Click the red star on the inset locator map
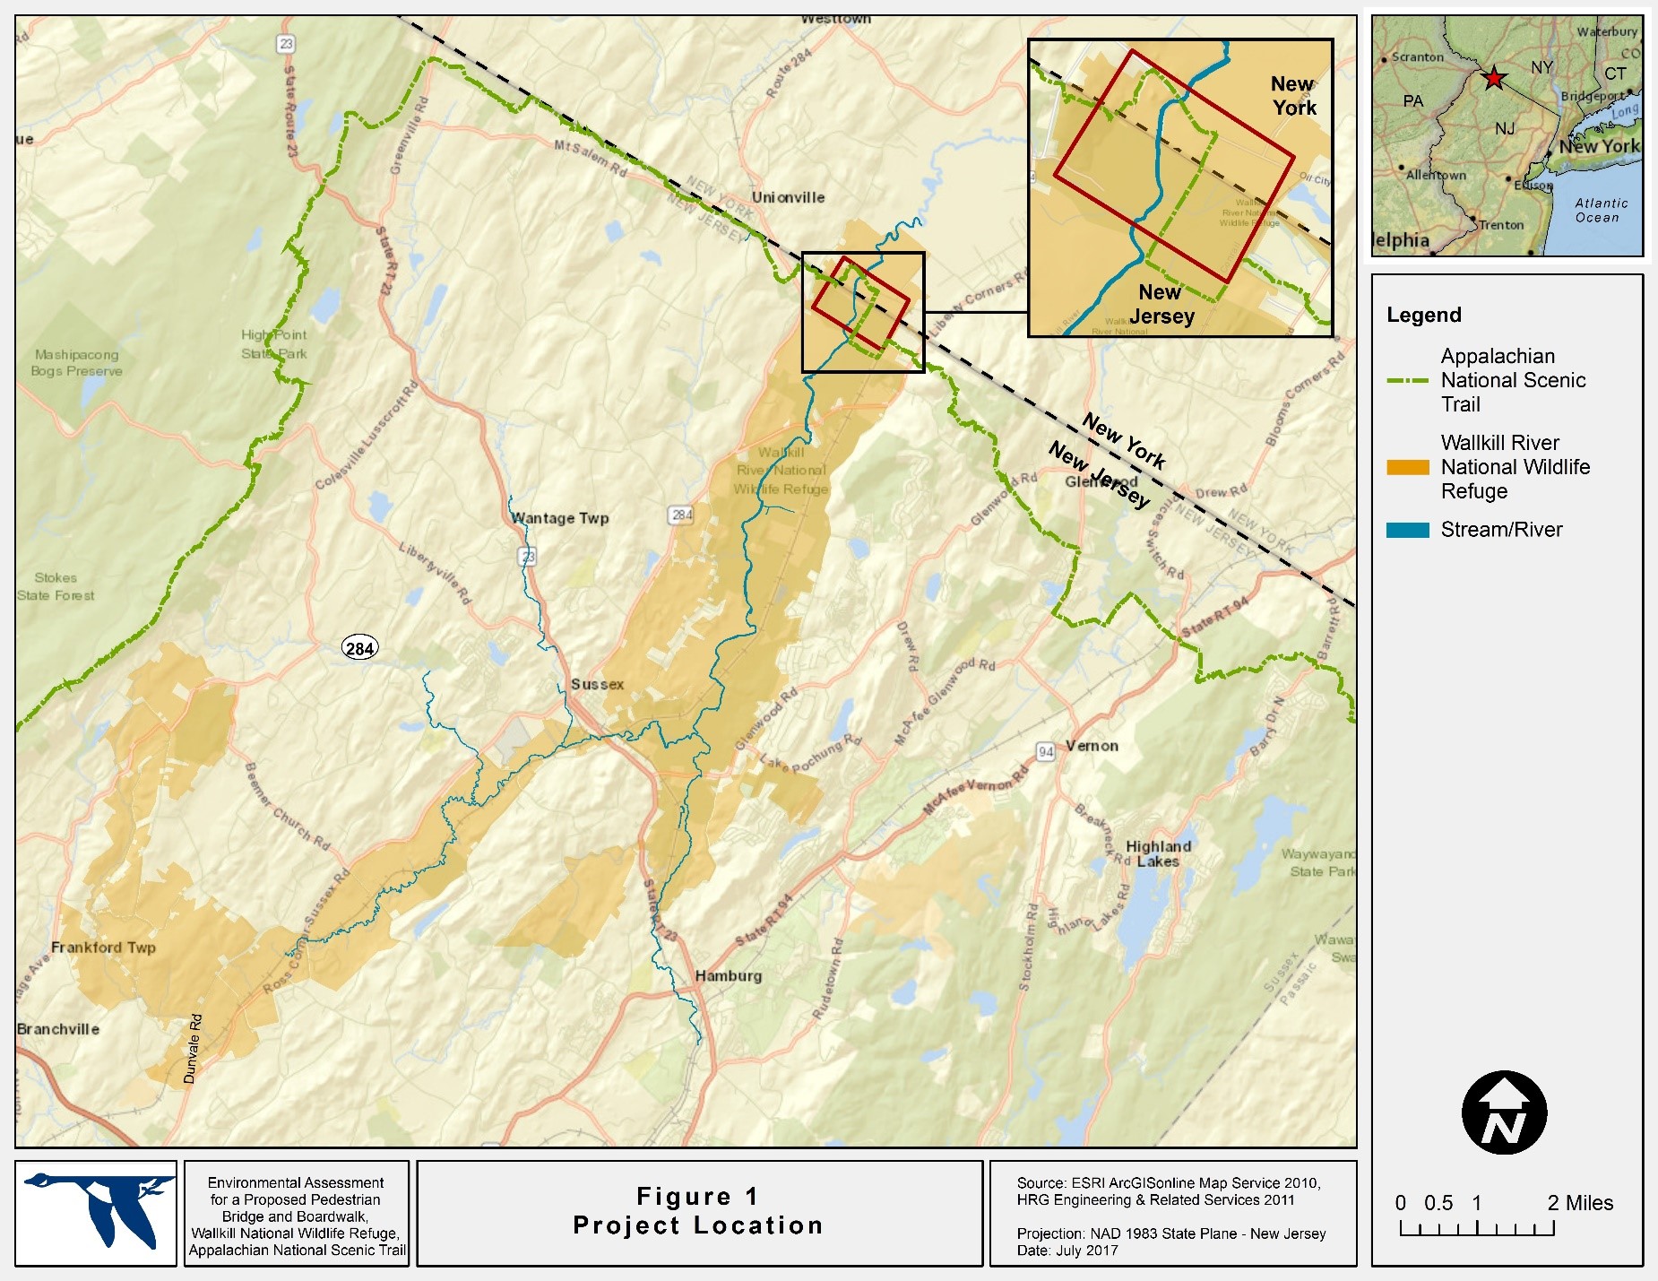pos(1493,78)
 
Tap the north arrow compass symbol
pos(1505,1112)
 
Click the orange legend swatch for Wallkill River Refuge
pos(1407,467)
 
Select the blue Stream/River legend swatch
pos(1407,530)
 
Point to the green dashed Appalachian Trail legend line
pos(1407,380)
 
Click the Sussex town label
pos(597,684)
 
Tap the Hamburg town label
pos(729,975)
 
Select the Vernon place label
pos(1092,746)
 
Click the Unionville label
pos(788,197)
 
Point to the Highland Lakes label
pos(1158,853)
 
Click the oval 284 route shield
pos(360,648)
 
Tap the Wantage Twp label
pos(560,518)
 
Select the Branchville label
pos(58,1029)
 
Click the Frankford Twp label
pos(103,948)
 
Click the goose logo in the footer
pos(96,1212)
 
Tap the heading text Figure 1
pos(698,1197)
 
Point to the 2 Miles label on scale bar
pos(1580,1203)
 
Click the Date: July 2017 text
pos(1067,1251)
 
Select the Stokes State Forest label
pos(56,586)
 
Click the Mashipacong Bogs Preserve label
pos(76,363)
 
